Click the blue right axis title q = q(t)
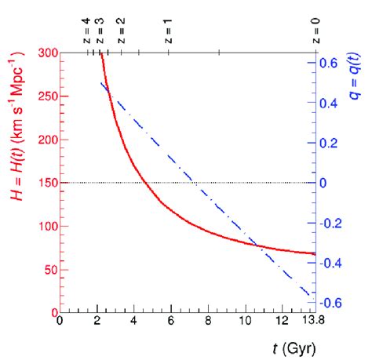point(356,86)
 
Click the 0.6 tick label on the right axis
point(328,62)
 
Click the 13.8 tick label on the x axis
point(313,323)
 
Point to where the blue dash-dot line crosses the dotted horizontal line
point(191,183)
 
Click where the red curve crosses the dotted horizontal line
point(144,183)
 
